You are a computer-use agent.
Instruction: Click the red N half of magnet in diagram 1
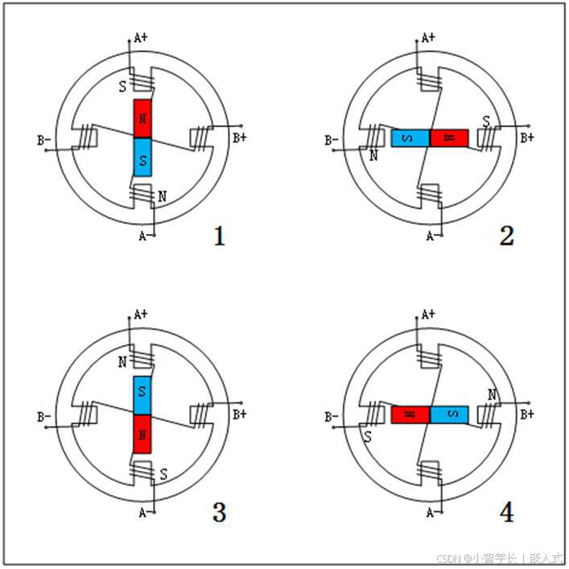click(142, 118)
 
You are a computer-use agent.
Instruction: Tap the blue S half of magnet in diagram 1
click(142, 157)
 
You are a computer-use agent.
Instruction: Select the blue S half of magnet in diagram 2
click(410, 138)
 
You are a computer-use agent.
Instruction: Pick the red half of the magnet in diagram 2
click(449, 138)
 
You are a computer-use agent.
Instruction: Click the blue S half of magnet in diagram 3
click(142, 394)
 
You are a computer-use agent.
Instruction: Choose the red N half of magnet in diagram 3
click(142, 434)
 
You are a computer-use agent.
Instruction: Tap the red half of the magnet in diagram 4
click(410, 414)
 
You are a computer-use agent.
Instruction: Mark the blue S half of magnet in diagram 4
click(449, 414)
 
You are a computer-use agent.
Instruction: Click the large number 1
click(218, 236)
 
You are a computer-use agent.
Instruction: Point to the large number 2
click(506, 236)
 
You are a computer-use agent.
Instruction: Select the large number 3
click(218, 513)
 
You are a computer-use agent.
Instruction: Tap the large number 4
click(506, 513)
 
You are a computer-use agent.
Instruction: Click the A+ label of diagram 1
click(141, 37)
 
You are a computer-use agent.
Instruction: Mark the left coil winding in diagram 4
click(373, 414)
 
